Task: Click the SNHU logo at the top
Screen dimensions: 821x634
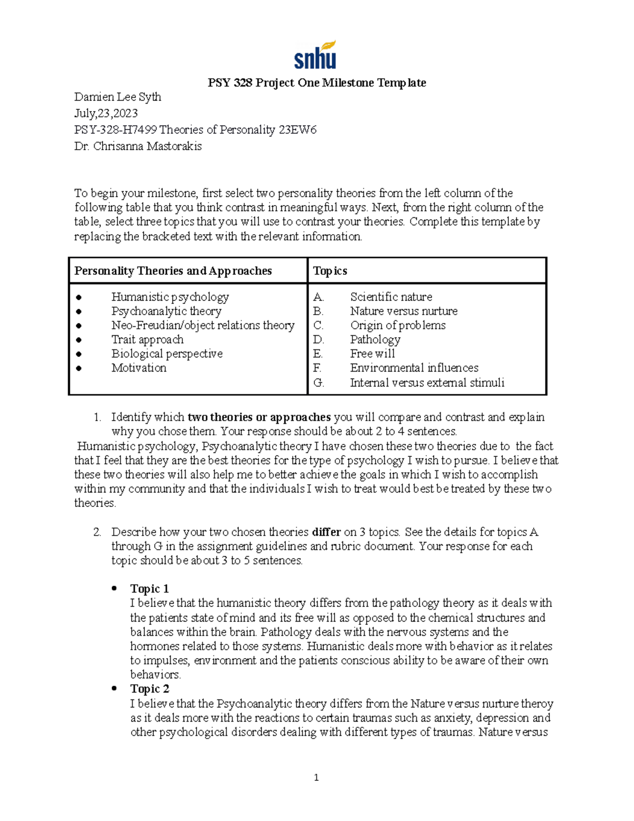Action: pyautogui.click(x=315, y=56)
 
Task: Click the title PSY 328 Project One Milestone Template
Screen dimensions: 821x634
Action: pyautogui.click(x=316, y=82)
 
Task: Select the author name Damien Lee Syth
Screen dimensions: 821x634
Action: pyautogui.click(x=118, y=97)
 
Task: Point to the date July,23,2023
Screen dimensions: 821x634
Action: pyautogui.click(x=106, y=113)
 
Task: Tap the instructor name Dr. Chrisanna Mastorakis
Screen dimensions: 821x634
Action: pyautogui.click(x=138, y=146)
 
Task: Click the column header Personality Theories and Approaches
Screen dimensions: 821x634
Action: pyautogui.click(x=173, y=271)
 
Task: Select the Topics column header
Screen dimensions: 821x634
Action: pyautogui.click(x=330, y=271)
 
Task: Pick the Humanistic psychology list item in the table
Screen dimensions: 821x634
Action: pyautogui.click(x=170, y=297)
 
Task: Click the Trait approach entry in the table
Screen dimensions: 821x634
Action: pyautogui.click(x=147, y=339)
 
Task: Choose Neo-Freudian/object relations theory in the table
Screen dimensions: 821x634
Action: pyautogui.click(x=203, y=325)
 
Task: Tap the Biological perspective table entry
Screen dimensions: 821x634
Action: pyautogui.click(x=167, y=354)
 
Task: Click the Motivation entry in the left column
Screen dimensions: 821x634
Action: pyautogui.click(x=139, y=368)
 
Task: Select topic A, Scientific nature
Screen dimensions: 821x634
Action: pyautogui.click(x=391, y=297)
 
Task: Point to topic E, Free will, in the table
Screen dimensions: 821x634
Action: pyautogui.click(x=372, y=354)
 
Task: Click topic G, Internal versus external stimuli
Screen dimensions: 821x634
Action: pyautogui.click(x=427, y=382)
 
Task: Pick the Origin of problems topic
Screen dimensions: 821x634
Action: pyautogui.click(x=398, y=325)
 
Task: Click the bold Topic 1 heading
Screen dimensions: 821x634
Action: pyautogui.click(x=150, y=588)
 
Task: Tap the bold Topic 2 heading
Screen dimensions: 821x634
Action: pyautogui.click(x=150, y=689)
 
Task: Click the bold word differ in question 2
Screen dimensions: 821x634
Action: pyautogui.click(x=326, y=532)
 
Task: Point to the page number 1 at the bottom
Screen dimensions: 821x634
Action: pyautogui.click(x=316, y=777)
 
